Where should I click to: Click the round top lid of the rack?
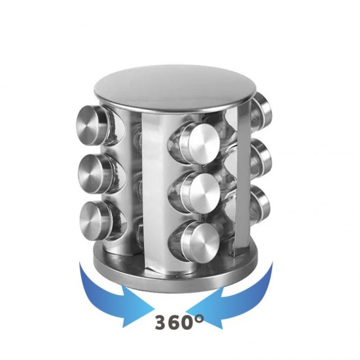pyautogui.click(x=175, y=88)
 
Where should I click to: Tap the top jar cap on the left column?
pyautogui.click(x=92, y=124)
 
